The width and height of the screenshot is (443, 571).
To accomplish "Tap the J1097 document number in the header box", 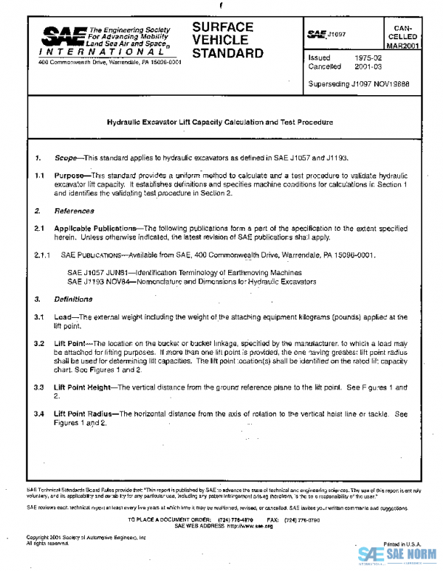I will pos(337,34).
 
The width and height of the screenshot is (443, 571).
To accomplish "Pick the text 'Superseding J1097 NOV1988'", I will pos(358,83).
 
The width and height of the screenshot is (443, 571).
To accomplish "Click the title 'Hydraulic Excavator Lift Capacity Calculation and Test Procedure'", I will pos(219,122).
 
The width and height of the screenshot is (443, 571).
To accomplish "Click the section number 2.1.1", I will pos(44,255).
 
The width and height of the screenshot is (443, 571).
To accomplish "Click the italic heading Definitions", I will pos(73,300).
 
